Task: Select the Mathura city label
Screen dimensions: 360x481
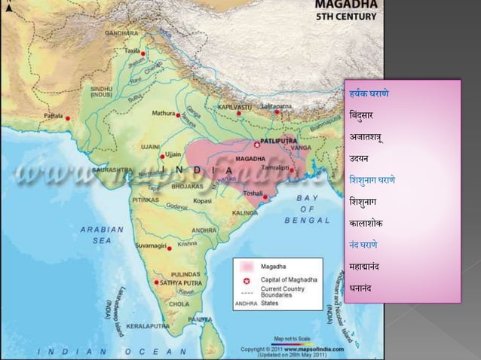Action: coord(163,113)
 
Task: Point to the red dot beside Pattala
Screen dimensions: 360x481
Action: coord(68,118)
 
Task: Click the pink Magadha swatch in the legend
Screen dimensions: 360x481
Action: coord(246,267)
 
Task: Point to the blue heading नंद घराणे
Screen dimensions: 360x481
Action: coord(363,245)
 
